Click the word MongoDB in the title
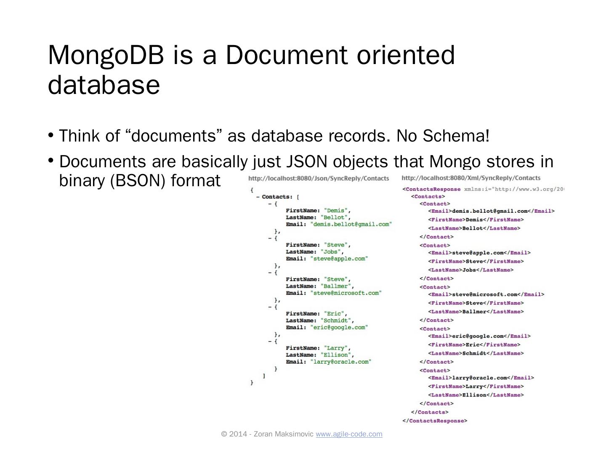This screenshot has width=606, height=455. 106,56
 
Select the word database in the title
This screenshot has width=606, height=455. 104,85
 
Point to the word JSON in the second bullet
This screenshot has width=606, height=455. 307,162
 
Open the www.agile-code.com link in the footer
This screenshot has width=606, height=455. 349,434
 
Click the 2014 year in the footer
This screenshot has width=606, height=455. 239,434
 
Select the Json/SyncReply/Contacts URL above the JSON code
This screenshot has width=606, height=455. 319,179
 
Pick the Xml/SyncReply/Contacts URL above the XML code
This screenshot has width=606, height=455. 471,178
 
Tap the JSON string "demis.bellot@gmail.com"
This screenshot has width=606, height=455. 351,224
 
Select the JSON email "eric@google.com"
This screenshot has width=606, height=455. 339,327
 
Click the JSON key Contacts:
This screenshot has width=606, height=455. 276,197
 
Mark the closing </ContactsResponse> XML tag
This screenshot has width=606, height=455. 435,420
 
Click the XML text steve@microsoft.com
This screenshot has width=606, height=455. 484,294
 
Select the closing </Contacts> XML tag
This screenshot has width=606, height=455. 430,412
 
